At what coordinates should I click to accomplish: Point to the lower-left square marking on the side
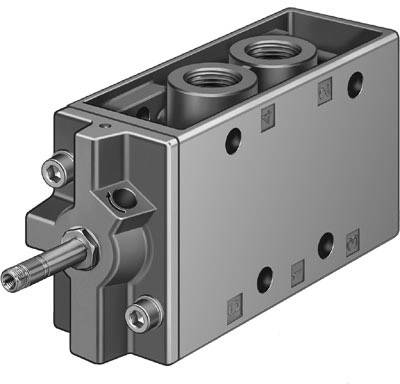[x=233, y=299]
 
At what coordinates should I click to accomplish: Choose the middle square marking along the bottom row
[x=296, y=270]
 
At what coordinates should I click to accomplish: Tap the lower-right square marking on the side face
[x=351, y=240]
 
